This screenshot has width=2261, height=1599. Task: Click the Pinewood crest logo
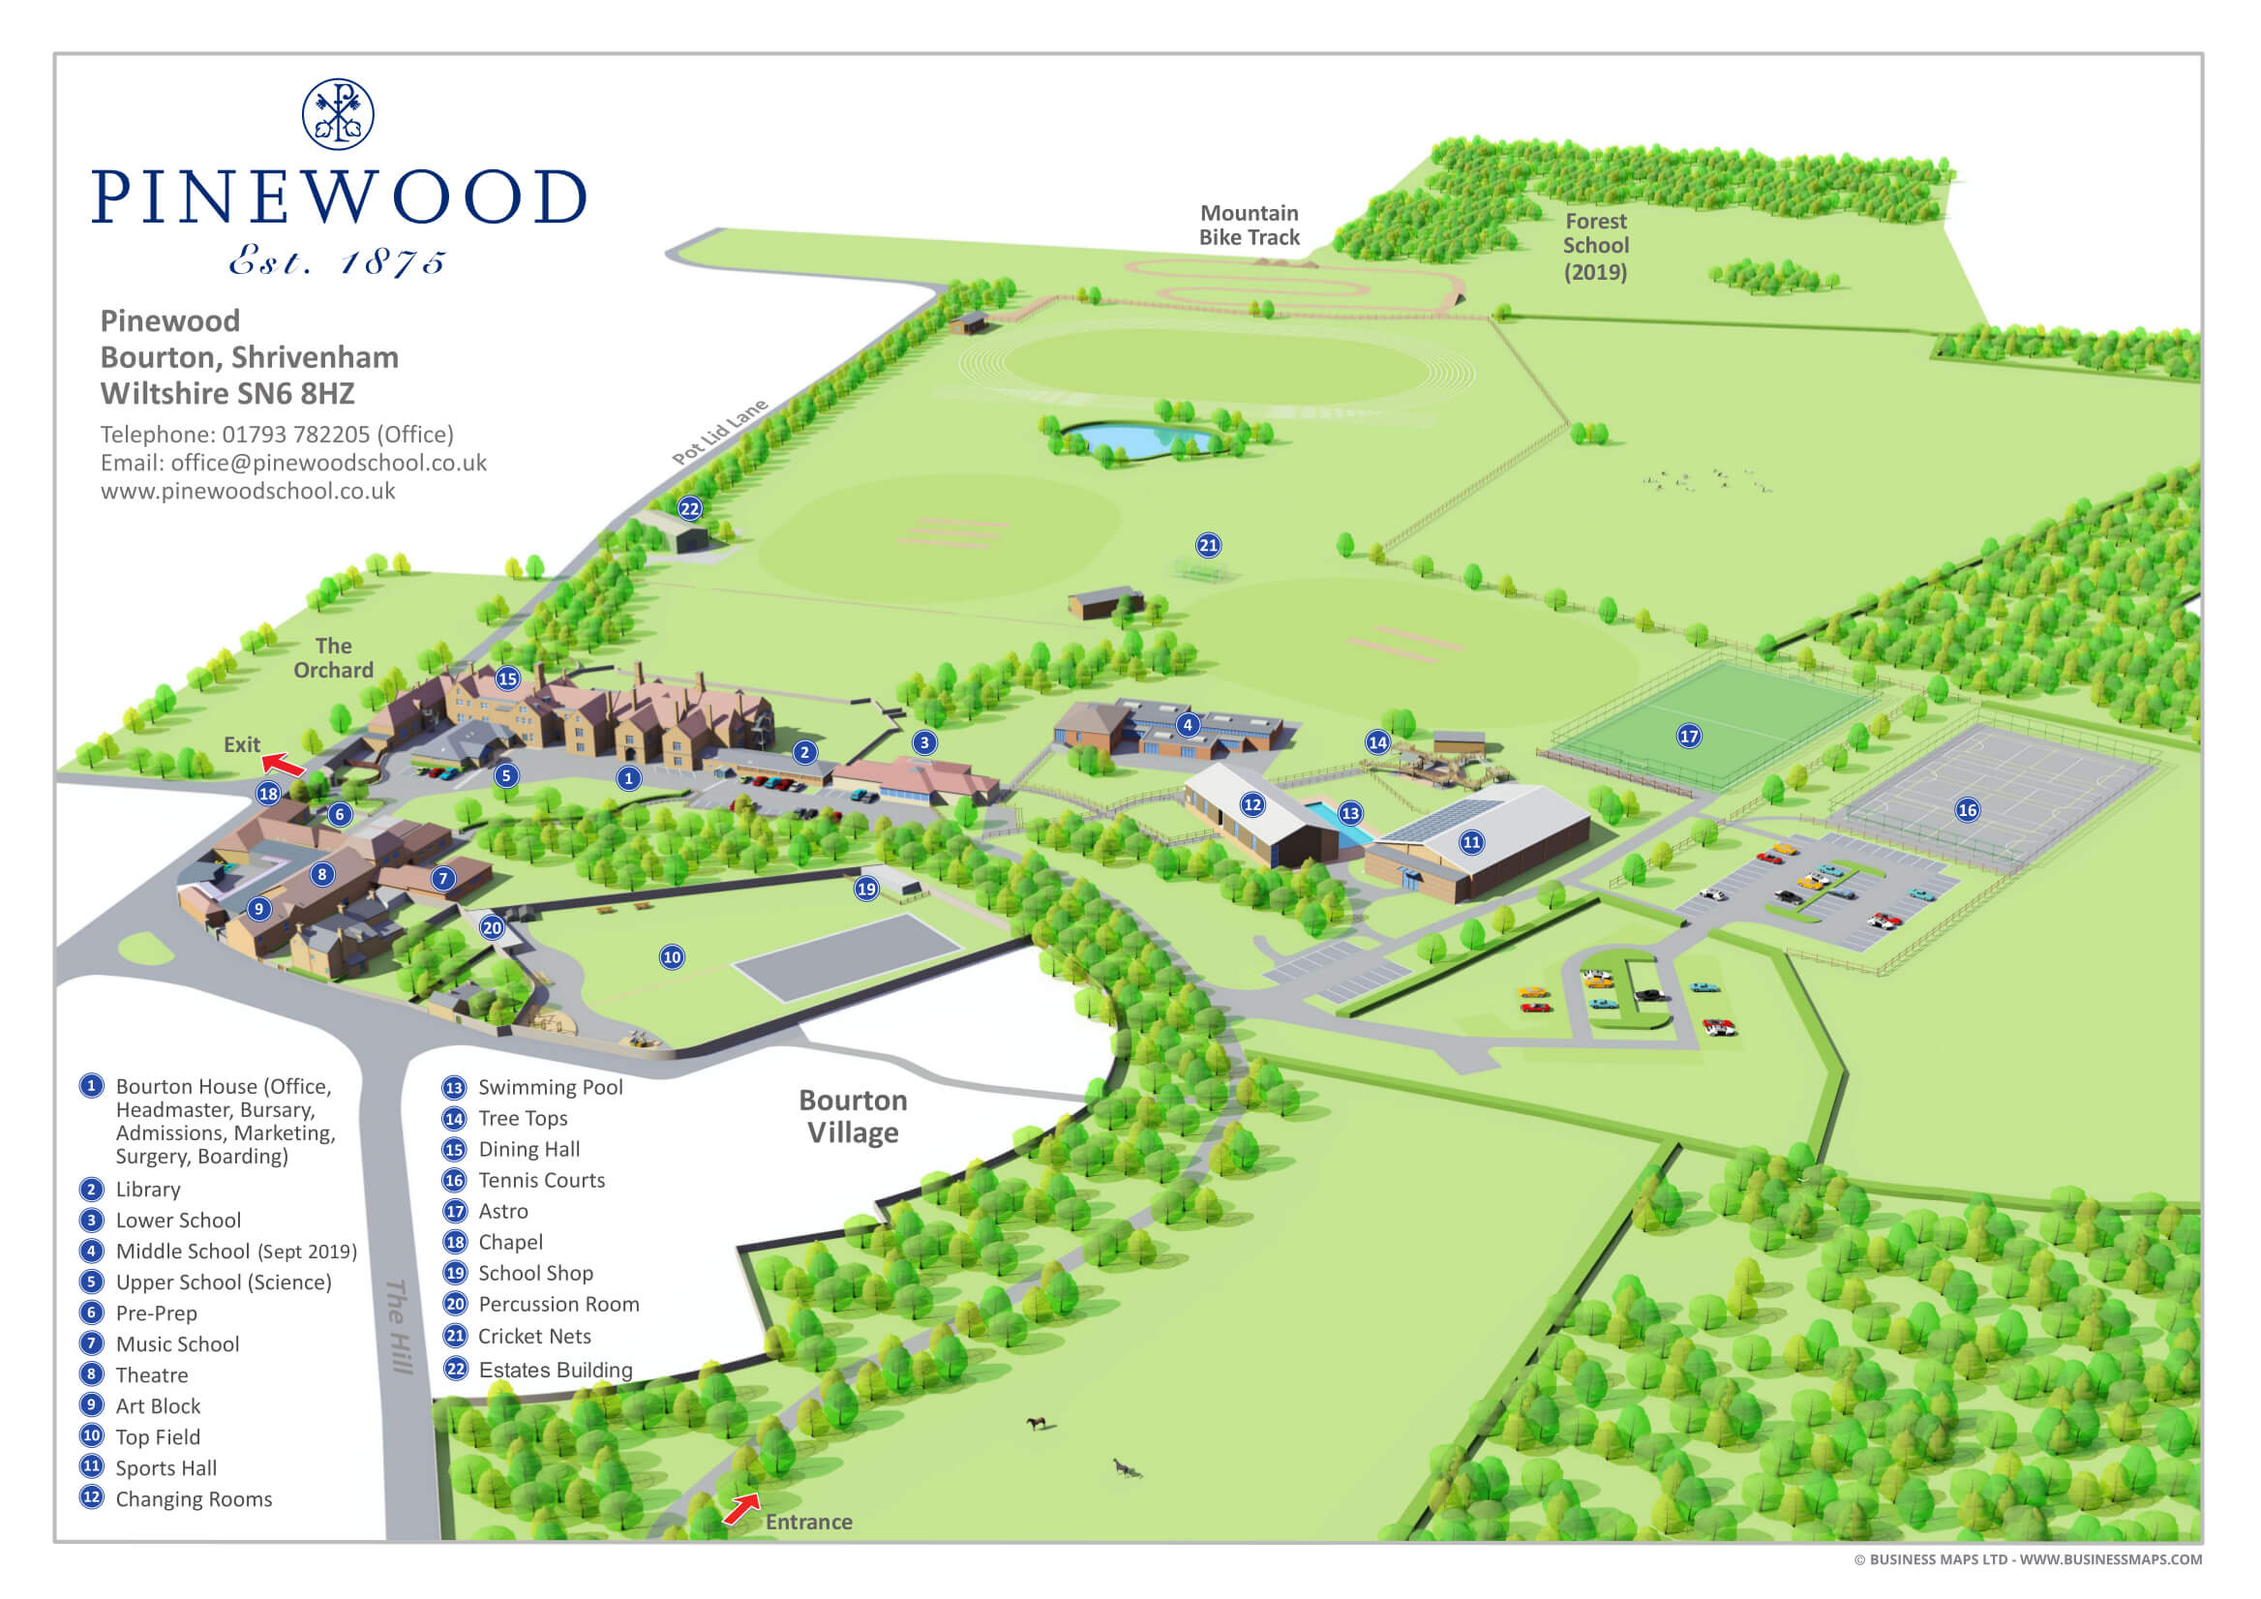tap(338, 114)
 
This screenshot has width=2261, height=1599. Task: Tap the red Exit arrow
tap(284, 764)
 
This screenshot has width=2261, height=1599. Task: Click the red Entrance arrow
tap(741, 1507)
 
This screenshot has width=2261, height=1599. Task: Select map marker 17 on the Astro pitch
tap(1689, 736)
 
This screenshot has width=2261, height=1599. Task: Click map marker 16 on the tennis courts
tap(1968, 809)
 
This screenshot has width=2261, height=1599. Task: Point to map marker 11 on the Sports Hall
tap(1471, 842)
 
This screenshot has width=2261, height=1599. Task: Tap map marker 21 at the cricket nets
tap(1208, 545)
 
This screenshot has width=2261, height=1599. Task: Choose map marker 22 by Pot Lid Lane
tap(689, 508)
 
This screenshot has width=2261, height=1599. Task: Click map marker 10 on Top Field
tap(672, 957)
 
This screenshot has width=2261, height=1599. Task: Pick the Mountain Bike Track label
tap(1249, 226)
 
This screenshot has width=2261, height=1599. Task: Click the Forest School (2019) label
tap(1595, 246)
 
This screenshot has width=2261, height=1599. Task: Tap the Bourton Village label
tap(853, 1116)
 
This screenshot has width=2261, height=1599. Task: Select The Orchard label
tap(333, 658)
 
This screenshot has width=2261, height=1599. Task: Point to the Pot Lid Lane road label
tap(719, 433)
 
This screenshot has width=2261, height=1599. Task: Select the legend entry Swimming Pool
tap(550, 1087)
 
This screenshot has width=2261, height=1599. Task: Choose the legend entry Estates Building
tap(555, 1370)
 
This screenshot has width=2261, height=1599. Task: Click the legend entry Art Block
tap(158, 1406)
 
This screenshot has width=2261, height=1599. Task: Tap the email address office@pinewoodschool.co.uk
tap(328, 463)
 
